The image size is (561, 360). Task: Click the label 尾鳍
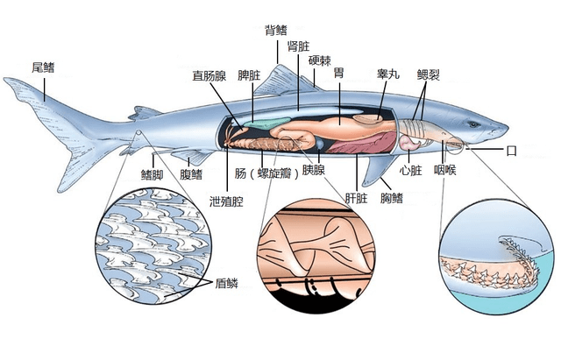point(42,66)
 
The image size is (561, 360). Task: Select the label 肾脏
point(296,46)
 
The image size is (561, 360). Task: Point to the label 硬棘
point(319,62)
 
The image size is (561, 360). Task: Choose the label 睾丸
point(387,74)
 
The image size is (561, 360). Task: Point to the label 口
point(512,151)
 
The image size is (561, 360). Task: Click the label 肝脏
point(355,196)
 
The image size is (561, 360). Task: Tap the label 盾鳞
point(227,283)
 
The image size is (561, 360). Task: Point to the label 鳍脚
point(153,174)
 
